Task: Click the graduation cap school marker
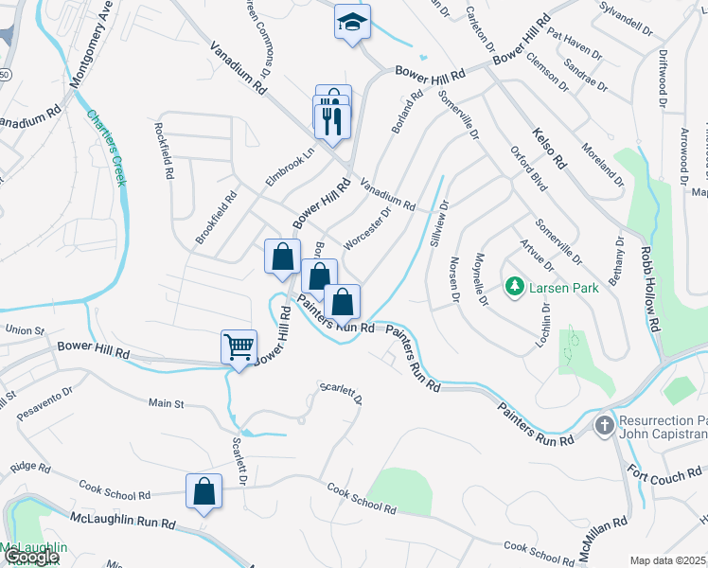[352, 22]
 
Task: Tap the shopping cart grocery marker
[239, 346]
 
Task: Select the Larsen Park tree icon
[514, 285]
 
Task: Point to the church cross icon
[604, 426]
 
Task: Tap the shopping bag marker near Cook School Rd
[204, 491]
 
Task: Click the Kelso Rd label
[549, 149]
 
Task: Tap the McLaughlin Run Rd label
[124, 522]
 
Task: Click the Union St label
[26, 330]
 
